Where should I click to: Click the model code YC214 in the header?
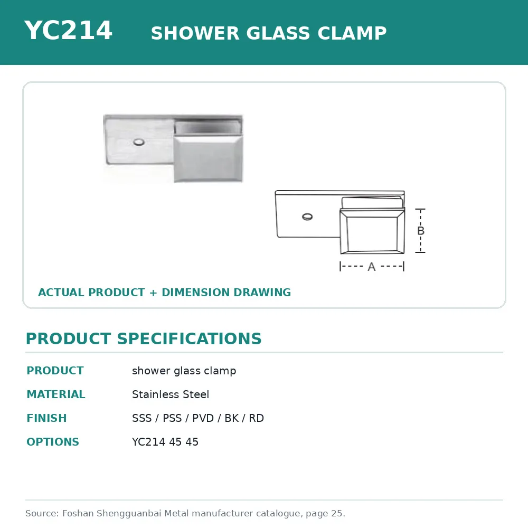point(68,30)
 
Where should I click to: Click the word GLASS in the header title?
point(278,33)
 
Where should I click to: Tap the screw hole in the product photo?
point(139,142)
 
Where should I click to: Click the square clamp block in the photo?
point(208,158)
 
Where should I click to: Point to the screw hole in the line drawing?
point(307,217)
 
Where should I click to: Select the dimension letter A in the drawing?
point(371,267)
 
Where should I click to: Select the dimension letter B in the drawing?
point(421,231)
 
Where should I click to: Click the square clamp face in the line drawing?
point(372,231)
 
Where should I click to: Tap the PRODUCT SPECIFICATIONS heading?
point(144,338)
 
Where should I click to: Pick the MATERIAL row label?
point(56,394)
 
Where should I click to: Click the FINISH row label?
point(46,418)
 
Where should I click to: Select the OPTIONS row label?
point(53,441)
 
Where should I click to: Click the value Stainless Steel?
point(171,394)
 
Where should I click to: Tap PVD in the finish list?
point(203,418)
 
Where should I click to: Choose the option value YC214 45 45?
point(165,441)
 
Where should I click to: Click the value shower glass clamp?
point(184,371)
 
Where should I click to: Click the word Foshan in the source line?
point(78,513)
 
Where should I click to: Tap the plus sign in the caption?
point(153,293)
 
